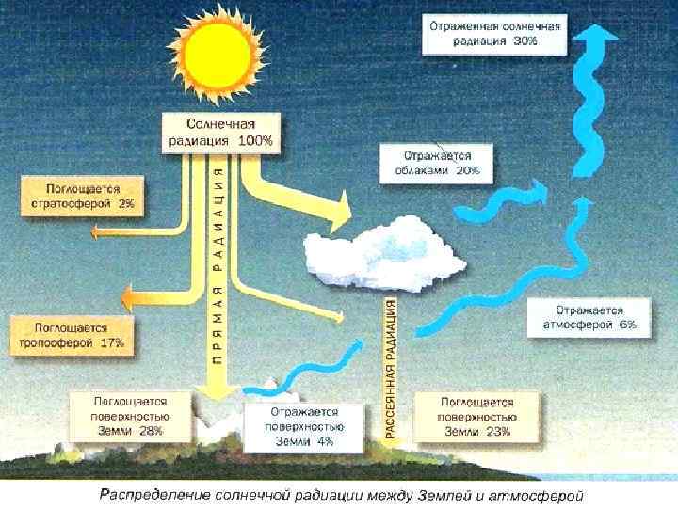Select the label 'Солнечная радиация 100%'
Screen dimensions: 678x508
click(x=220, y=132)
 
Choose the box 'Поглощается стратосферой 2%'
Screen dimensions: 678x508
click(x=84, y=196)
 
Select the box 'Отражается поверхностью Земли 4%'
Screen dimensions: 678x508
click(x=303, y=428)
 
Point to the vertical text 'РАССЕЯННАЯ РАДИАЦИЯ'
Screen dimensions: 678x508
click(x=391, y=367)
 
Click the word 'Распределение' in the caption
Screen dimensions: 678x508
click(x=152, y=493)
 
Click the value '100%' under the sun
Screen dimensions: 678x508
click(x=254, y=140)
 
